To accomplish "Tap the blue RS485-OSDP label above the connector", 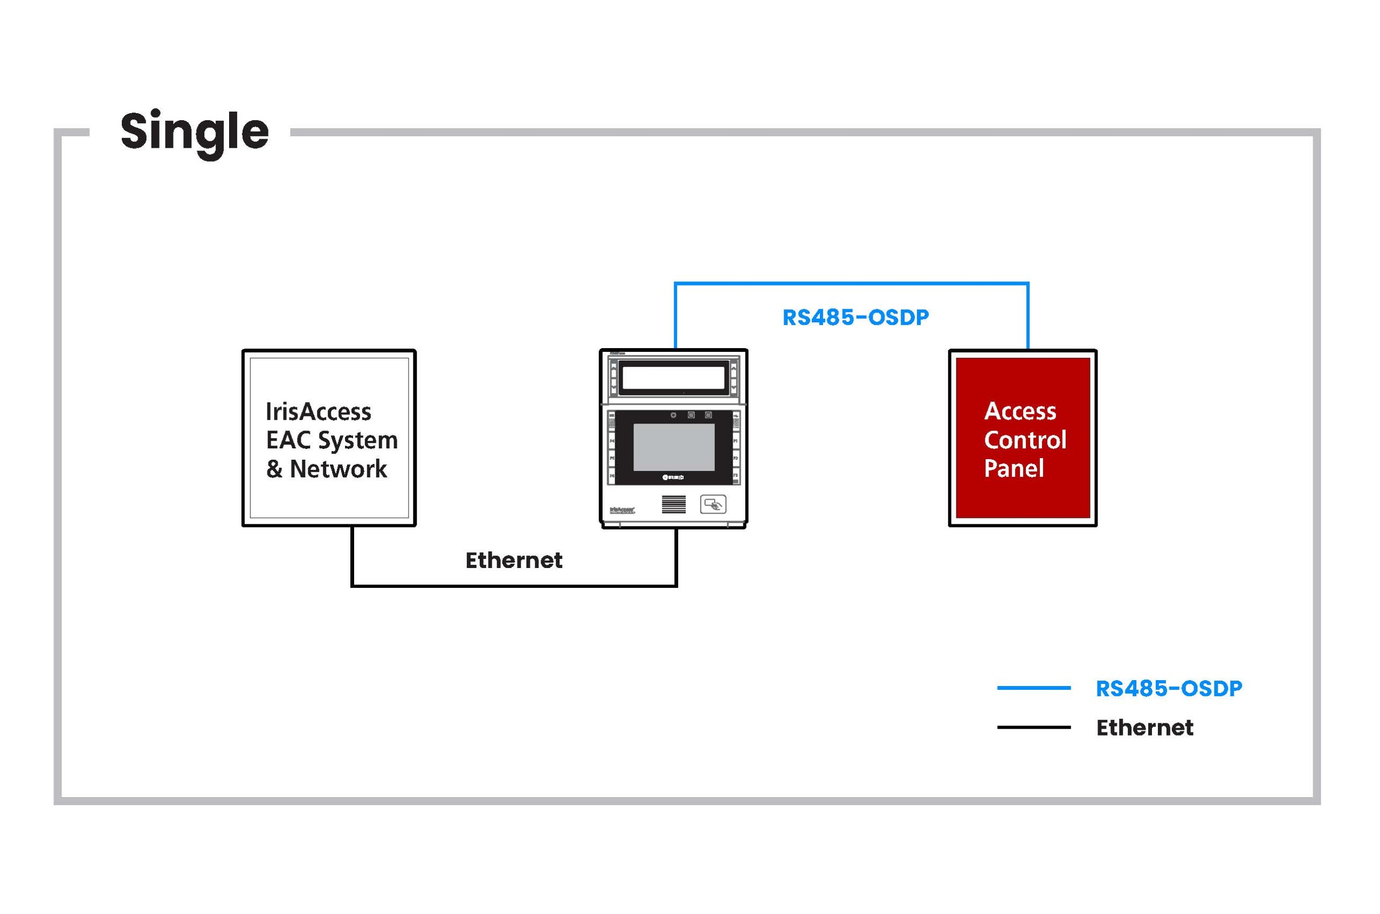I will pyautogui.click(x=855, y=317).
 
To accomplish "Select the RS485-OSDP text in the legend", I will pyautogui.click(x=1168, y=688).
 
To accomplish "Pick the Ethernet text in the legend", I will pyautogui.click(x=1144, y=728).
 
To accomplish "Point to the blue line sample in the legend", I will pyautogui.click(x=1034, y=688).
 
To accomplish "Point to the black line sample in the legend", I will pyautogui.click(x=1034, y=728).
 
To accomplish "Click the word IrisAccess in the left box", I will pyautogui.click(x=319, y=412).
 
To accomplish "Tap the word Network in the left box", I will pyautogui.click(x=338, y=469).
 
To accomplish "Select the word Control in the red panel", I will pyautogui.click(x=1025, y=440).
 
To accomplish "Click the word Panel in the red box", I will pyautogui.click(x=1014, y=469).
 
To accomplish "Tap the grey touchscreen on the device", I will pyautogui.click(x=673, y=447).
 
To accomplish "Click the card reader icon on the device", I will pyautogui.click(x=713, y=504).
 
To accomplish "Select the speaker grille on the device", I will pyautogui.click(x=673, y=505).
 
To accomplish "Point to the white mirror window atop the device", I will pyautogui.click(x=673, y=378).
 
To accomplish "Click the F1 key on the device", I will pyautogui.click(x=736, y=441).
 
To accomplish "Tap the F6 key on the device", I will pyautogui.click(x=612, y=476).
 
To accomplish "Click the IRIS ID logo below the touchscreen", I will pyautogui.click(x=673, y=477).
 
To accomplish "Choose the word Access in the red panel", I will pyautogui.click(x=1020, y=412).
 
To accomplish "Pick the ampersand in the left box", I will pyautogui.click(x=274, y=469).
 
